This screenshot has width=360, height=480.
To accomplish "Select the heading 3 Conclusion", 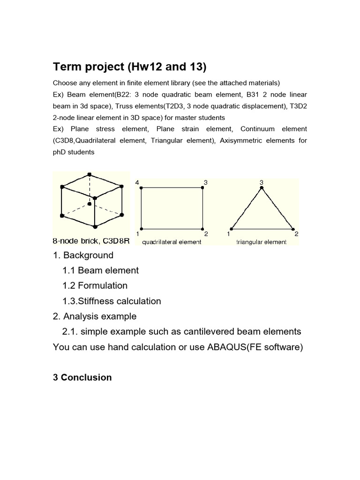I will [82, 377].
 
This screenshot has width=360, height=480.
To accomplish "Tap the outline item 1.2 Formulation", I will [95, 285].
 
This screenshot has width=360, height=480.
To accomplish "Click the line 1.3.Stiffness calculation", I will [112, 301].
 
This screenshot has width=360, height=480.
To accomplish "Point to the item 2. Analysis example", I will [95, 316].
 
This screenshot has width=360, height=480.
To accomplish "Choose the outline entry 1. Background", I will [83, 255].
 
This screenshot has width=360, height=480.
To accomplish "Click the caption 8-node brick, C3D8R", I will [91, 241].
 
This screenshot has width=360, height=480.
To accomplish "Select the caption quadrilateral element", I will [172, 242].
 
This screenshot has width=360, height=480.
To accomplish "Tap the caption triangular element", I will [262, 242].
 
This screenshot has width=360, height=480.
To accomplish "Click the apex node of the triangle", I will [262, 188].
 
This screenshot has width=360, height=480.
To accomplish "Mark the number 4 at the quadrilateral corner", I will [137, 182].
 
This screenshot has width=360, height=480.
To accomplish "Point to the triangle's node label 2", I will [296, 233].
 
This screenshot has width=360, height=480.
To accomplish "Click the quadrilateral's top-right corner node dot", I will [202, 187].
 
